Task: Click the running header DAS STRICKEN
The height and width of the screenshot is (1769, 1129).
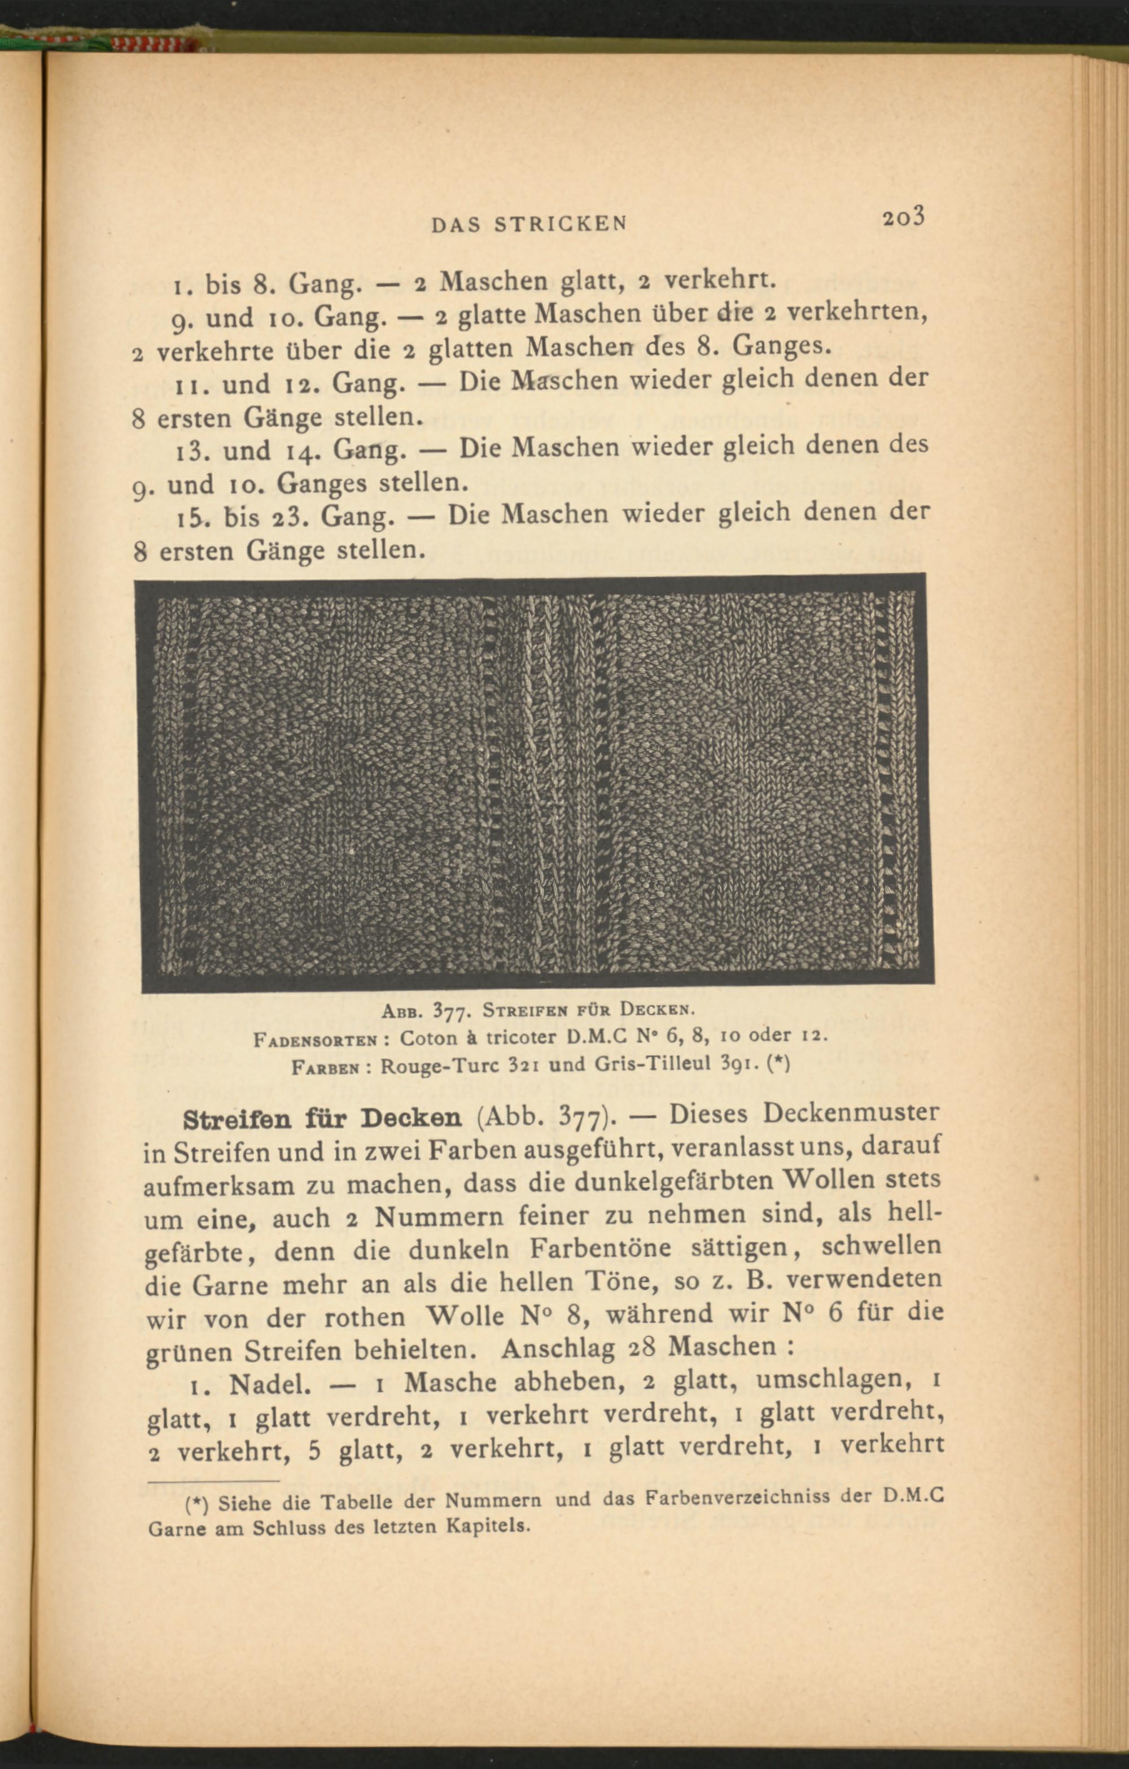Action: pyautogui.click(x=529, y=224)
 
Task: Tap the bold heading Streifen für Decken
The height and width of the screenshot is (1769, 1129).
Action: pyautogui.click(x=322, y=1117)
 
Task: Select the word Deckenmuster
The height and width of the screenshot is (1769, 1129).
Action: pyautogui.click(x=850, y=1112)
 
